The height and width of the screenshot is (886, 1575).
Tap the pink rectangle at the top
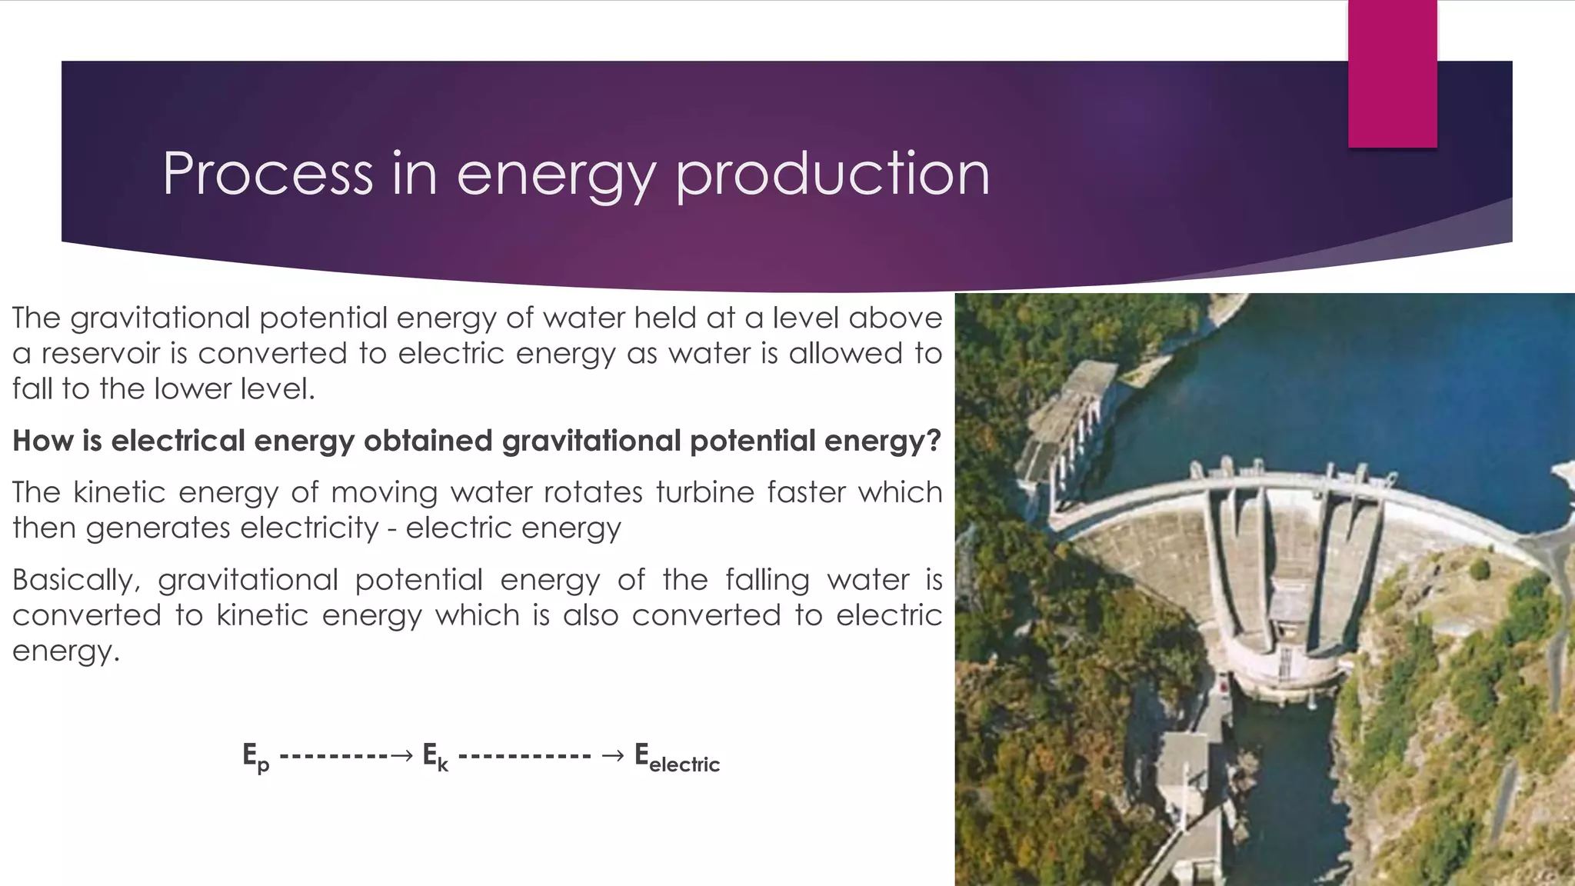[x=1392, y=73]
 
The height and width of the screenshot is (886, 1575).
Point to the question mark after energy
[x=934, y=441]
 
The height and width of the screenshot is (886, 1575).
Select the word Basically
[x=75, y=580]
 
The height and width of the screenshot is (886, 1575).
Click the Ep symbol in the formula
[x=256, y=757]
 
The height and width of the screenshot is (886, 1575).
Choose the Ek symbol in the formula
[x=435, y=757]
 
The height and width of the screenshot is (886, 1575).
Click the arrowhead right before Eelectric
[x=613, y=756]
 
